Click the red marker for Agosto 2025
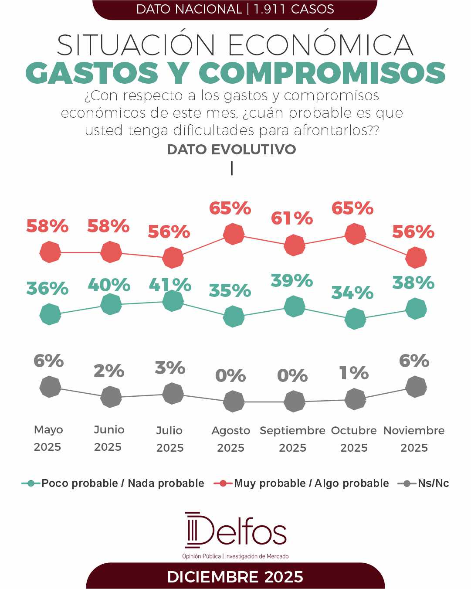pyautogui.click(x=234, y=234)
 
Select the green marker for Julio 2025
pyautogui.click(x=173, y=300)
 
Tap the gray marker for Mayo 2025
pyautogui.click(x=50, y=387)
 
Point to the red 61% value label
pyautogui.click(x=292, y=218)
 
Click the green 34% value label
pyautogui.click(x=352, y=293)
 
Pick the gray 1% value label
pyautogui.click(x=354, y=373)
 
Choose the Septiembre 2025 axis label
pyautogui.click(x=292, y=439)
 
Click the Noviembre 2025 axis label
pyautogui.click(x=414, y=439)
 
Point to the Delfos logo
pyautogui.click(x=235, y=531)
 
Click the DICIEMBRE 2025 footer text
pyautogui.click(x=235, y=577)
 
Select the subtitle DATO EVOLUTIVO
pyautogui.click(x=231, y=150)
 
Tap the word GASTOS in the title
pyautogui.click(x=92, y=73)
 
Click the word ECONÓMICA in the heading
pyautogui.click(x=321, y=45)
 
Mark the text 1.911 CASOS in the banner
pyautogui.click(x=294, y=9)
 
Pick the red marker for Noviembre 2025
pyautogui.click(x=416, y=257)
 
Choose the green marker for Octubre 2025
pyautogui.click(x=355, y=319)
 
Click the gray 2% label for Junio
pyautogui.click(x=109, y=371)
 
